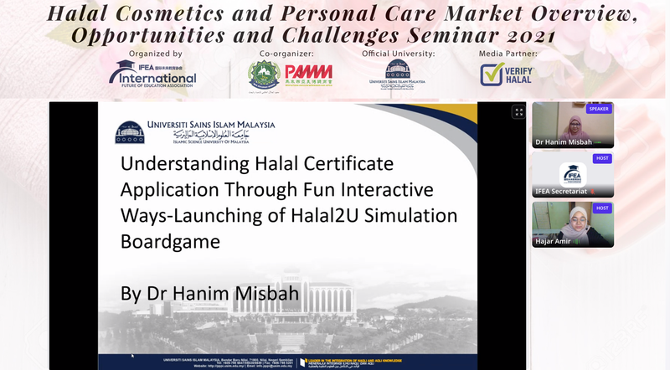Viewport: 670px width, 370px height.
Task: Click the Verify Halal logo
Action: pos(508,75)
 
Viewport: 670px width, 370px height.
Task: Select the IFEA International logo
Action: pos(153,75)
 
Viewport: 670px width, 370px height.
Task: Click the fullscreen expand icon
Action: pos(518,112)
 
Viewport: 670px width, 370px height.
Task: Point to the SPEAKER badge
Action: pos(599,109)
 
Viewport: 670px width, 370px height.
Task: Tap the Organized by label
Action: pos(155,54)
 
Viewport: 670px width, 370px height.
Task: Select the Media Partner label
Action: pos(508,54)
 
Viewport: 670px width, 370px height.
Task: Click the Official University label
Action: pos(398,54)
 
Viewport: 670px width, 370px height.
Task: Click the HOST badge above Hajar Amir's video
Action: pos(601,208)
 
